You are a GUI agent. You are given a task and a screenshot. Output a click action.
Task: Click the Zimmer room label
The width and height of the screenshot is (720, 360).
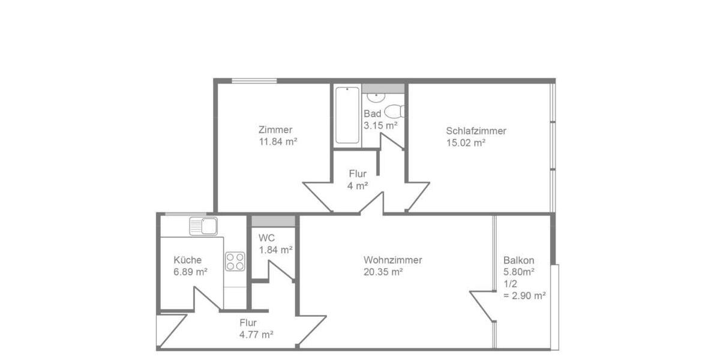pyautogui.click(x=275, y=130)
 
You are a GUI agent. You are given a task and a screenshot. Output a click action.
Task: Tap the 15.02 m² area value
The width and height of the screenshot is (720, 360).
pyautogui.click(x=466, y=143)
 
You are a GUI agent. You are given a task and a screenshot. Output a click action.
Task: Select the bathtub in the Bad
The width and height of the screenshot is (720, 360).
pyautogui.click(x=347, y=115)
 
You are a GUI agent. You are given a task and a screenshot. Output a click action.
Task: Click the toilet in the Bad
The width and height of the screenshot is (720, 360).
pyautogui.click(x=394, y=112)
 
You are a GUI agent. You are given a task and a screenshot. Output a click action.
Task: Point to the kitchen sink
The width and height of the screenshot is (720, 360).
pyautogui.click(x=203, y=226)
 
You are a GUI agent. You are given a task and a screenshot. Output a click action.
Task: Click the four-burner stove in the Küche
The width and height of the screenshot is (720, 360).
pyautogui.click(x=235, y=261)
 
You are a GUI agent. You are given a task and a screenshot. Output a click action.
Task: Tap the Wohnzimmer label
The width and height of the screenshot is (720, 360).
pyautogui.click(x=393, y=260)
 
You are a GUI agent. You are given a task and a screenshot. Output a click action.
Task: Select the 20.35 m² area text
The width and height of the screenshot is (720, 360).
pyautogui.click(x=383, y=272)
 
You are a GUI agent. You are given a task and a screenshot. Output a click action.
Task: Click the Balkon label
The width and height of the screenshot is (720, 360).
pyautogui.click(x=519, y=260)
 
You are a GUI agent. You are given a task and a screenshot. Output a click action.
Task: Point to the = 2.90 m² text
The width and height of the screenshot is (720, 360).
pyautogui.click(x=524, y=295)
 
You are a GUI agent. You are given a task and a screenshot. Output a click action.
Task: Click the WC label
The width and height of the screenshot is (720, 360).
pyautogui.click(x=266, y=238)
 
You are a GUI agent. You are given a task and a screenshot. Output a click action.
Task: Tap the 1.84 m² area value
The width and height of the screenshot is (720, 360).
pyautogui.click(x=275, y=249)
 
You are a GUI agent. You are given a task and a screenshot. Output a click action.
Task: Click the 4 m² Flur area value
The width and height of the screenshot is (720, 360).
pyautogui.click(x=358, y=186)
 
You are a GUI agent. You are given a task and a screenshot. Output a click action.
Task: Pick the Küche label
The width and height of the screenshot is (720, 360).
pyautogui.click(x=187, y=260)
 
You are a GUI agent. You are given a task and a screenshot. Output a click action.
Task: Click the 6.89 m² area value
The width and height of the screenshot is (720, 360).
pyautogui.click(x=190, y=272)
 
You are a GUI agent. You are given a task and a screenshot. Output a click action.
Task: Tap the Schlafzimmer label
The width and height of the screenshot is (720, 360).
pyautogui.click(x=476, y=131)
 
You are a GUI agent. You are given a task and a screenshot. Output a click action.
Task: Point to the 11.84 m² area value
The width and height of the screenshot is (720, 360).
pyautogui.click(x=278, y=142)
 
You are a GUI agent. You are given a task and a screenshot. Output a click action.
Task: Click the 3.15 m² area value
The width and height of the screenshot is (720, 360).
pyautogui.click(x=380, y=125)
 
